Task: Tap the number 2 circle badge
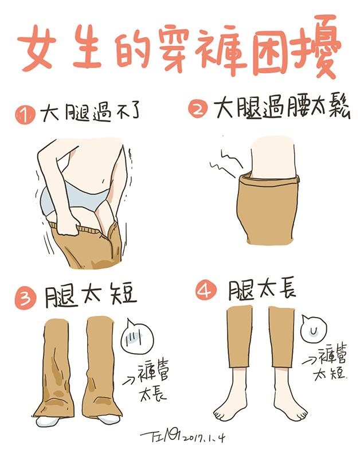(198, 109)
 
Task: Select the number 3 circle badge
(26, 298)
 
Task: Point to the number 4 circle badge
(206, 291)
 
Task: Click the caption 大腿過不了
(90, 112)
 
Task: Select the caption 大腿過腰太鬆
(282, 108)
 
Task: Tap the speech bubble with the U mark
(314, 329)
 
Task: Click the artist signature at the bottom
(160, 437)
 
